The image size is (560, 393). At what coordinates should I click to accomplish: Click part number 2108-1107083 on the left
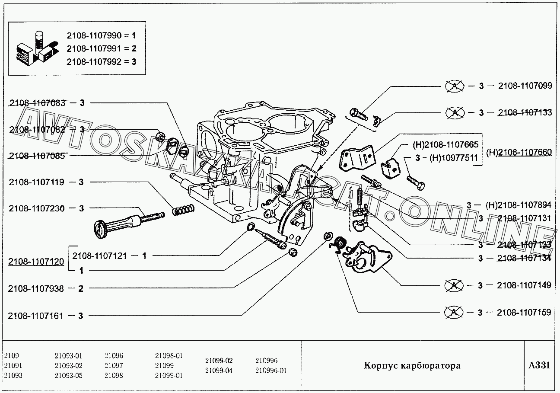coord(37,103)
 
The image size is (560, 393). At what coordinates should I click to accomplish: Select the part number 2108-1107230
coord(37,208)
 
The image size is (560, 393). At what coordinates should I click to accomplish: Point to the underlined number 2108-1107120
coord(36,262)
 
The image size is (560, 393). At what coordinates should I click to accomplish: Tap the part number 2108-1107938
coord(36,289)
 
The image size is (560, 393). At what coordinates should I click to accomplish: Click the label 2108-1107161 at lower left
coord(36,316)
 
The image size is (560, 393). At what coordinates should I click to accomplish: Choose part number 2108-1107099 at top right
coord(524,86)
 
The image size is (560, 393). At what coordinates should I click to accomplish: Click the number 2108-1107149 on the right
coord(524,285)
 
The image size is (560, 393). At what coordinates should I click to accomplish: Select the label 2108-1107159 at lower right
coord(524,312)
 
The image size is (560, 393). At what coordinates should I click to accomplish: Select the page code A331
coord(539,365)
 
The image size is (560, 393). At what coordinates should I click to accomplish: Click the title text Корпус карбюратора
coord(412,366)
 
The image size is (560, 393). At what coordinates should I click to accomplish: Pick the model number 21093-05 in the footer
coord(68,375)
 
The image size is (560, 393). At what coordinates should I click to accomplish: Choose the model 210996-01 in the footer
coord(271,371)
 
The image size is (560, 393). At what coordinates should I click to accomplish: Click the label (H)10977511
coord(453,158)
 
